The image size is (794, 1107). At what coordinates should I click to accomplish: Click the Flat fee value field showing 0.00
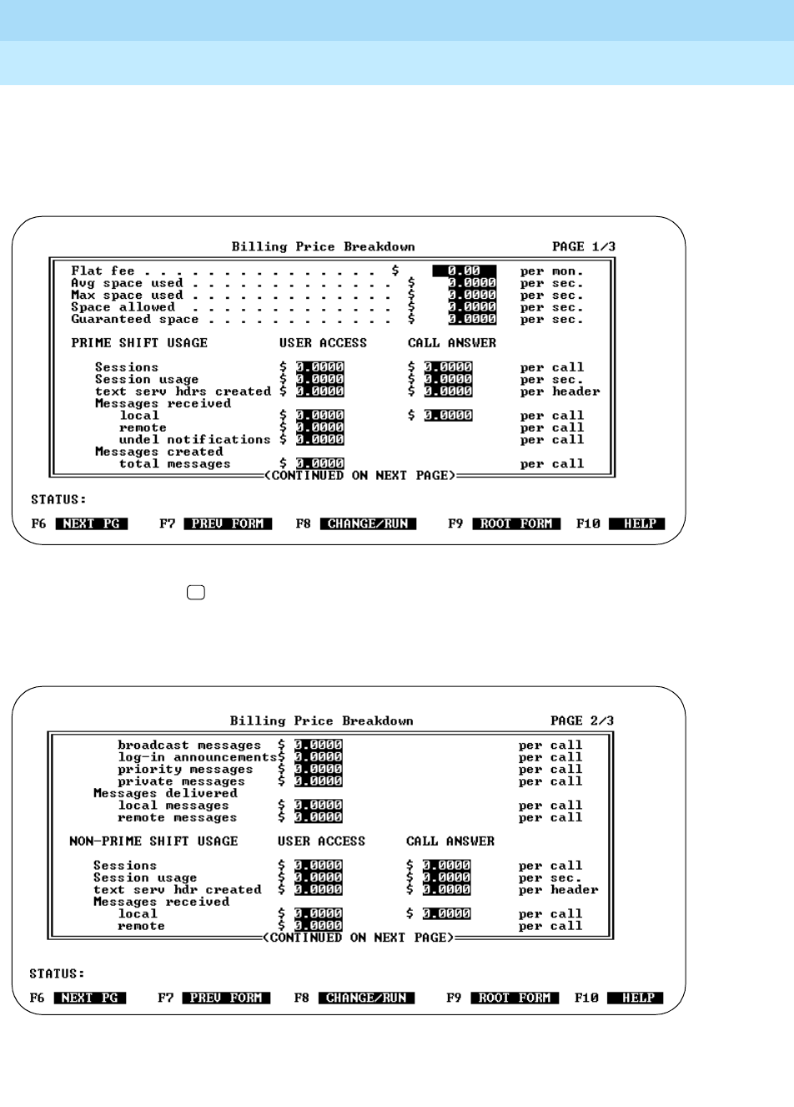(x=464, y=271)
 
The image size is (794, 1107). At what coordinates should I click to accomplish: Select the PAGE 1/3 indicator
(x=583, y=247)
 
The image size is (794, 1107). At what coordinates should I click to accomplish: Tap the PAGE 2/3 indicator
(x=581, y=721)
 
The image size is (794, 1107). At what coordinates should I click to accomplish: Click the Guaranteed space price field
(x=471, y=320)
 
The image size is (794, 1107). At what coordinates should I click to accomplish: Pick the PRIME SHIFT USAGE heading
(x=139, y=343)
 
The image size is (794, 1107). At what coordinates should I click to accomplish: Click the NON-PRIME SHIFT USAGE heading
(x=153, y=842)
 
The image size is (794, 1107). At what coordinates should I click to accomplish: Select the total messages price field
(x=319, y=464)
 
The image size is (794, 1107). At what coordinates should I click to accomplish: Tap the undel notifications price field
(x=319, y=440)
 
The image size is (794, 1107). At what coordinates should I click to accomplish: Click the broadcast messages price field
(x=318, y=746)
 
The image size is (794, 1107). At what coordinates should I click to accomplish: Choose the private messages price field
(x=318, y=781)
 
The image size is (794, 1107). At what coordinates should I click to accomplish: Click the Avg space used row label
(x=127, y=283)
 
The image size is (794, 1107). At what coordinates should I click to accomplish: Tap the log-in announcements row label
(x=197, y=757)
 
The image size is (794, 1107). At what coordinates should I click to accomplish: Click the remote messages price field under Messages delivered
(x=318, y=818)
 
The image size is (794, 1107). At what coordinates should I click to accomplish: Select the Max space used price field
(x=471, y=296)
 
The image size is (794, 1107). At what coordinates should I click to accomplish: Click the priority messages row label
(x=185, y=770)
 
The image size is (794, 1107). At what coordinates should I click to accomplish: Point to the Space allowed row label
(x=123, y=307)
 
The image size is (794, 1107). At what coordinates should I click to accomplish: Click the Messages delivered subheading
(x=165, y=794)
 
